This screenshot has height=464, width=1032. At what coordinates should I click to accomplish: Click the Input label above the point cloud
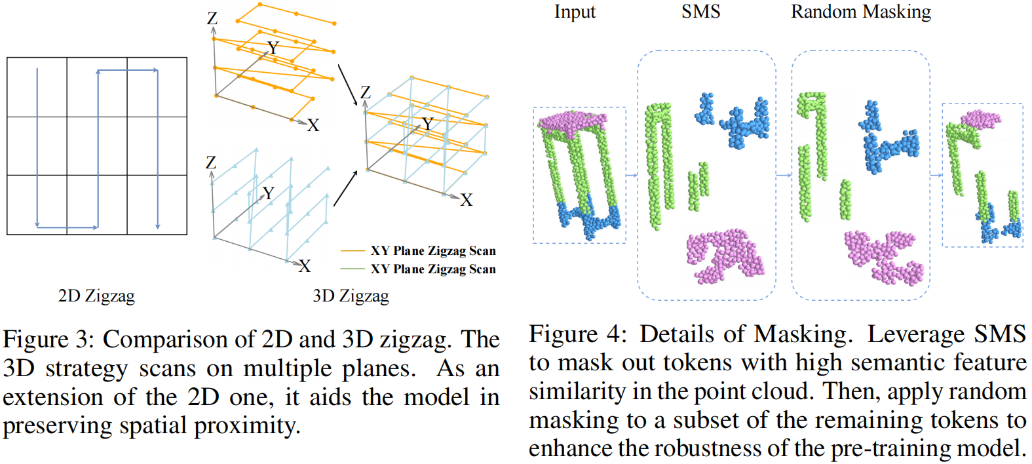tap(575, 12)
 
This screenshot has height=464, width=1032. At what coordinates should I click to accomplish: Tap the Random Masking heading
tap(860, 12)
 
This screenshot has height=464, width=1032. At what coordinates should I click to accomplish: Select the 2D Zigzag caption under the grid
tap(96, 296)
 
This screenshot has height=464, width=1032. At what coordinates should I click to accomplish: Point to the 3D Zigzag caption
tap(351, 296)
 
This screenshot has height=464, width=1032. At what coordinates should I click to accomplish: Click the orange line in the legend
tap(353, 251)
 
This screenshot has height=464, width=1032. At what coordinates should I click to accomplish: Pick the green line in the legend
tap(353, 269)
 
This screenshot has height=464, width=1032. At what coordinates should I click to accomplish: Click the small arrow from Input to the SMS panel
tap(632, 175)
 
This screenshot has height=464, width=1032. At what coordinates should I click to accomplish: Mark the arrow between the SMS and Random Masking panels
tap(784, 175)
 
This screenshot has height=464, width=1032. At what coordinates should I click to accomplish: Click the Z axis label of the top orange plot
tap(212, 18)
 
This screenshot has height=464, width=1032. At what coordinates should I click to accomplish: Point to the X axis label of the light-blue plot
tap(305, 266)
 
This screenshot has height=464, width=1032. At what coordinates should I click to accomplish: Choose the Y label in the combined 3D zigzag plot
tap(428, 124)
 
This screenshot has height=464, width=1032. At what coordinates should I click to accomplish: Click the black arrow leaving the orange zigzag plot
tap(347, 84)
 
